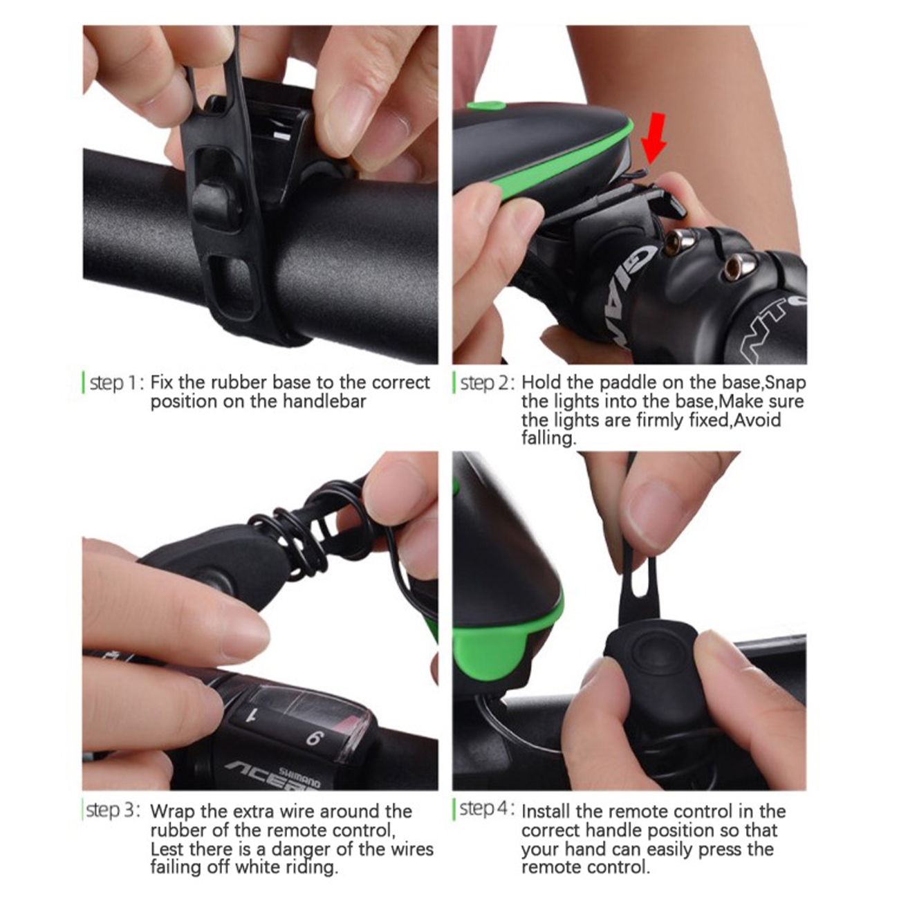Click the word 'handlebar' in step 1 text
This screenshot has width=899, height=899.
point(324,401)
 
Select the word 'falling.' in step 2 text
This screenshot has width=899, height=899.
point(549,438)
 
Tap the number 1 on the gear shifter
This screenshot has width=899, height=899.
point(254,715)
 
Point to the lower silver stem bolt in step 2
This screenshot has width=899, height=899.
point(737,268)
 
